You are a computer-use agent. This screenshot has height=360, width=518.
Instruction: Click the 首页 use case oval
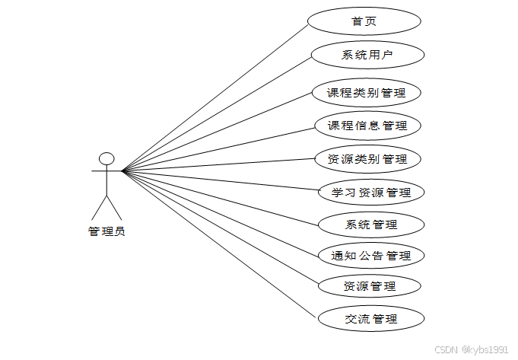(x=364, y=21)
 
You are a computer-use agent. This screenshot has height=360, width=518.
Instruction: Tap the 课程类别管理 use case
(x=366, y=94)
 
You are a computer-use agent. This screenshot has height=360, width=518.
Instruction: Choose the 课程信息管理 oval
(x=367, y=126)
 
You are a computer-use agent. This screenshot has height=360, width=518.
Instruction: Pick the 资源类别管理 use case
(x=367, y=159)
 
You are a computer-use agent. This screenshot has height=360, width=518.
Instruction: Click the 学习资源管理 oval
(x=371, y=193)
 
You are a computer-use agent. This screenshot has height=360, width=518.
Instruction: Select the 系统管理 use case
(x=370, y=225)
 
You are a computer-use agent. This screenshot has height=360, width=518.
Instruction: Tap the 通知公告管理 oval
(x=371, y=256)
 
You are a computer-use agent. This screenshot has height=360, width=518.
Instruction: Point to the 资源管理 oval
(x=370, y=287)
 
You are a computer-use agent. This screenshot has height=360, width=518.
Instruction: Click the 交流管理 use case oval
(x=370, y=319)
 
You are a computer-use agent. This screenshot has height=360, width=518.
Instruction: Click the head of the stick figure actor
(x=106, y=158)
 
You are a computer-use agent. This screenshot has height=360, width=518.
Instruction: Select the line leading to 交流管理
(x=218, y=245)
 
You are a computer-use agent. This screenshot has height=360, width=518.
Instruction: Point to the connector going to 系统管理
(x=221, y=198)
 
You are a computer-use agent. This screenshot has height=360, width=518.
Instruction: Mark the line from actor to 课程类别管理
(x=217, y=132)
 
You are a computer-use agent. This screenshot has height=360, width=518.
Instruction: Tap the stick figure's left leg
(x=99, y=207)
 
